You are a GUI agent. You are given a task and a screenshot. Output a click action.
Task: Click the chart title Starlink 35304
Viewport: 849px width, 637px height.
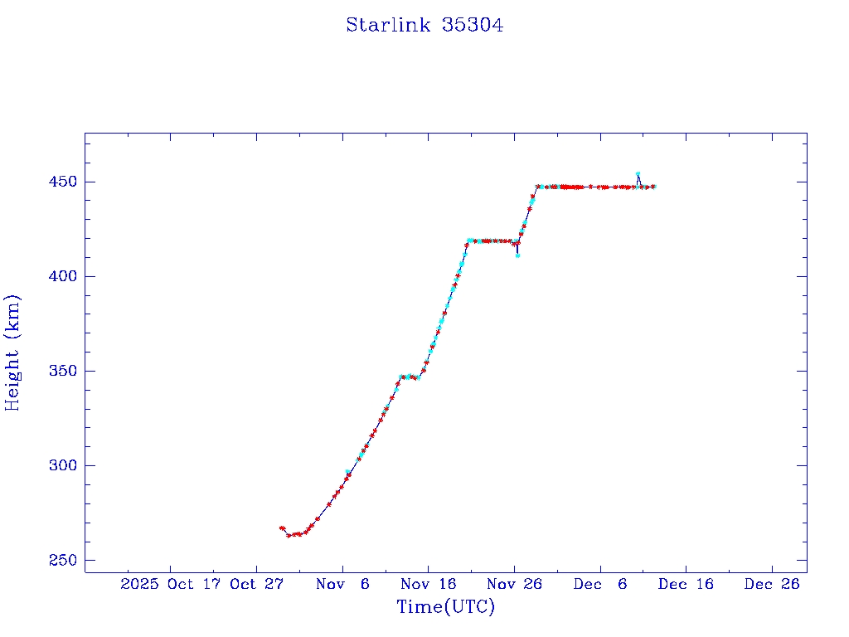[x=424, y=25]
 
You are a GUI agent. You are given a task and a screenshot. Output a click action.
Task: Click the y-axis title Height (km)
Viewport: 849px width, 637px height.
[x=12, y=353]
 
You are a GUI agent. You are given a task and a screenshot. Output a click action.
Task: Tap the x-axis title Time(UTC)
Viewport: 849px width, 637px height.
[x=445, y=607]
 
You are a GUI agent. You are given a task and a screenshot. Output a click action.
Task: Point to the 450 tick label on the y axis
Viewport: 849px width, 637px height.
[x=62, y=182]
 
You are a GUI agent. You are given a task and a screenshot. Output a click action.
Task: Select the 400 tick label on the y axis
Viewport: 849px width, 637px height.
[x=62, y=276]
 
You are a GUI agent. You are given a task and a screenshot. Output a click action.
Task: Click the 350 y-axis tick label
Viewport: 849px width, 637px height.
[x=62, y=371]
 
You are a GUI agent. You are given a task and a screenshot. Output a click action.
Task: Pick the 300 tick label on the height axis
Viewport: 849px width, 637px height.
[x=62, y=465]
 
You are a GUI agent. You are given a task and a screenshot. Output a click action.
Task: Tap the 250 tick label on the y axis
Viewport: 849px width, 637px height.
[x=62, y=560]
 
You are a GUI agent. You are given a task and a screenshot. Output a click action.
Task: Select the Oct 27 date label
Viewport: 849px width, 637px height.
[x=256, y=584]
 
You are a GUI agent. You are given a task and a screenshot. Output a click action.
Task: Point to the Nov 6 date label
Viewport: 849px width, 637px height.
[x=342, y=584]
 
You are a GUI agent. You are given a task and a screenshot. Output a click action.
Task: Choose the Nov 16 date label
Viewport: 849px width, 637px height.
[x=428, y=584]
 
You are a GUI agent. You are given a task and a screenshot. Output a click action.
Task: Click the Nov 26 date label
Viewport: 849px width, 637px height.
[x=514, y=584]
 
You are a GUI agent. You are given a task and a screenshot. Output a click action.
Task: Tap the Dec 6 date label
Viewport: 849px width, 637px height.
[x=600, y=584]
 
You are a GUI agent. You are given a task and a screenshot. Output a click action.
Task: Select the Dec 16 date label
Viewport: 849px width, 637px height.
[x=686, y=584]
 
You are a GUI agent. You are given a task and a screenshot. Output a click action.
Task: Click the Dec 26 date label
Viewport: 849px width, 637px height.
[x=772, y=584]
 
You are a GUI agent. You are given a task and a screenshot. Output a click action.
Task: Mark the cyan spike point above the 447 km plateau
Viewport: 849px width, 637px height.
[x=638, y=174]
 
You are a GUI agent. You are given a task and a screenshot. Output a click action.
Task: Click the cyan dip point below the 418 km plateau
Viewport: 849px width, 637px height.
[x=517, y=255]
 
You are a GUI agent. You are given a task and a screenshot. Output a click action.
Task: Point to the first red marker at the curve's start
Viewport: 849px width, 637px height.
[x=282, y=528]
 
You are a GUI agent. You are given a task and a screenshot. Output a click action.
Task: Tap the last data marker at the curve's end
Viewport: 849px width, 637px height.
[x=653, y=187]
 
